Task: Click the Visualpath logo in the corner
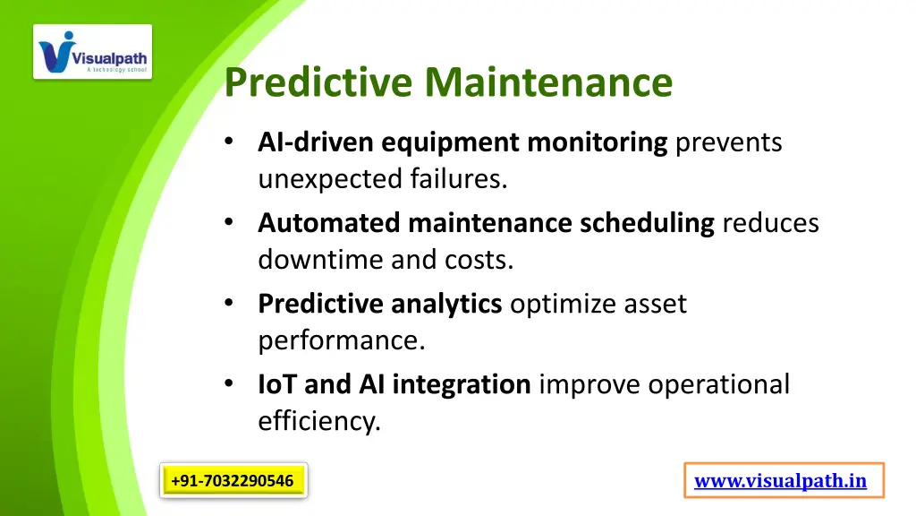click(93, 52)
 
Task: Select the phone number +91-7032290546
click(233, 481)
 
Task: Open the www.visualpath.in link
click(781, 481)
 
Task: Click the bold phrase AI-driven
click(316, 142)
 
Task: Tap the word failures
click(459, 180)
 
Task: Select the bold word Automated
click(329, 223)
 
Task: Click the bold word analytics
click(446, 305)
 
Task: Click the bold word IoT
click(277, 385)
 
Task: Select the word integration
click(462, 385)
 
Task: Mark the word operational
click(719, 385)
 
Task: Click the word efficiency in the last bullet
click(319, 421)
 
